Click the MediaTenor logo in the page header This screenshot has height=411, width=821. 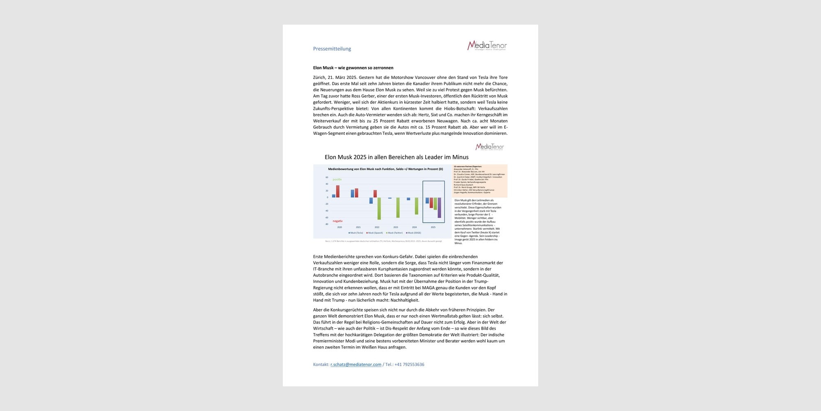pos(487,45)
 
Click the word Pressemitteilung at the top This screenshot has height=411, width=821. pos(332,48)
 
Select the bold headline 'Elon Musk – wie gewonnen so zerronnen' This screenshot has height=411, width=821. pos(353,68)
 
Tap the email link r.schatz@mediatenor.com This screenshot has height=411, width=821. pos(356,365)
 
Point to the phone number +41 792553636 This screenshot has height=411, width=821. pos(409,365)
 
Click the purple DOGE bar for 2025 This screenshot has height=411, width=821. pos(439,208)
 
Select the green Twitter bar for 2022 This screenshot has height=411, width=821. pos(379,208)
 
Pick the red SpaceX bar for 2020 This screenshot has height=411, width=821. pos(338,191)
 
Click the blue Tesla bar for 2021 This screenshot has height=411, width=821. pos(352,194)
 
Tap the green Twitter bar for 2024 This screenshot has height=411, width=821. pos(417,206)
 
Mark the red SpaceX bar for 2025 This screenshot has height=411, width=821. pos(431,203)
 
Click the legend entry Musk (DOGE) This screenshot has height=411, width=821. pos(413,233)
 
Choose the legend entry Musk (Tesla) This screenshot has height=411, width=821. pos(356,233)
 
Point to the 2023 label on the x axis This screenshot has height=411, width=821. pos(396,227)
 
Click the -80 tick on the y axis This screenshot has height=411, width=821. pos(327,224)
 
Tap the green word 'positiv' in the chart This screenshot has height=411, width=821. pos(337,180)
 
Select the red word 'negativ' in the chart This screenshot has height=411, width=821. pos(337,221)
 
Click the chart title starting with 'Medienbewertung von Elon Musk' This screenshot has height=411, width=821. pos(385,169)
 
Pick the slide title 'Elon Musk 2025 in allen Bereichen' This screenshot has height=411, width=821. pos(397,157)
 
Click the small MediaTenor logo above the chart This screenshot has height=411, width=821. pos(489,147)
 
